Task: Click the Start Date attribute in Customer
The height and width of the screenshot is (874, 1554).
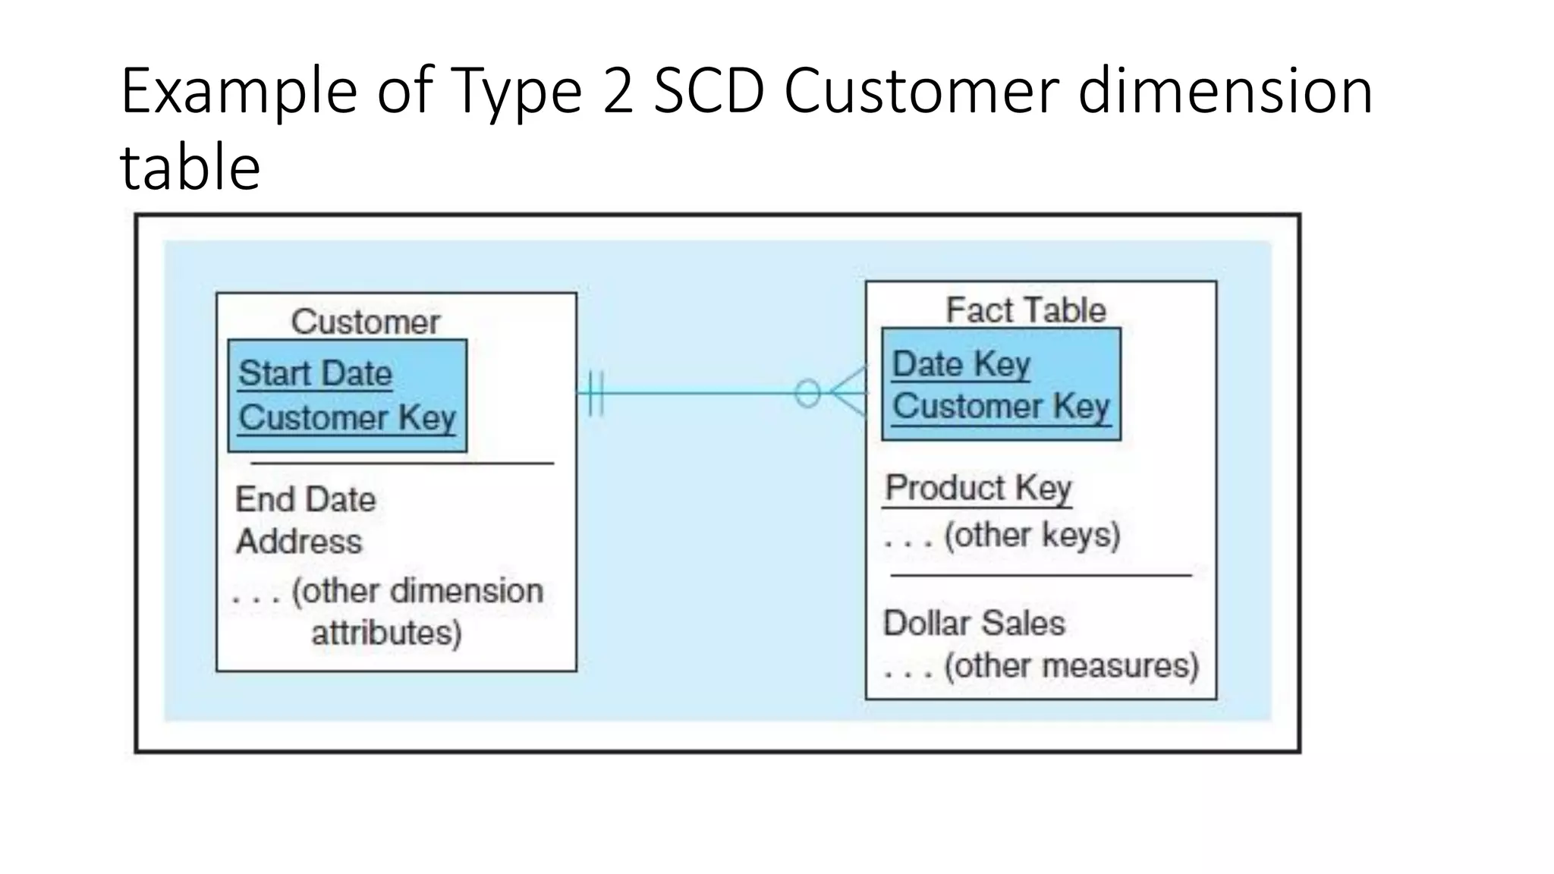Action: (x=315, y=374)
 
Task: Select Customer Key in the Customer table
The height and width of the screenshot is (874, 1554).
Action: (x=347, y=418)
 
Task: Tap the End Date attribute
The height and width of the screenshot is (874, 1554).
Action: (x=305, y=500)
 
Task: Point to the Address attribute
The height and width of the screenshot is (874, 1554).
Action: (x=299, y=542)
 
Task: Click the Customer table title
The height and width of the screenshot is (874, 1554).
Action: (x=365, y=322)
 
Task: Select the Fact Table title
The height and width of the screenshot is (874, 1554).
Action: (x=1026, y=310)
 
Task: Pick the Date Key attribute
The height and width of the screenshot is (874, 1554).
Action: (x=961, y=364)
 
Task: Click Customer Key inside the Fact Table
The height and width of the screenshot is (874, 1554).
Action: (x=1000, y=406)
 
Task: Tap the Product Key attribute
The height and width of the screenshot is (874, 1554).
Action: (x=978, y=488)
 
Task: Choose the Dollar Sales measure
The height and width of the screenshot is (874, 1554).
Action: (x=974, y=624)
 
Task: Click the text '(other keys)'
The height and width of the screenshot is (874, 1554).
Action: (x=1032, y=536)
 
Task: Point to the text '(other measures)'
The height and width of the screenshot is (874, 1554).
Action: (x=1071, y=666)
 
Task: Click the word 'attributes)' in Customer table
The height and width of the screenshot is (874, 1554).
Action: (x=386, y=633)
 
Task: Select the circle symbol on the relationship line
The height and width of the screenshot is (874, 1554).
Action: (x=807, y=393)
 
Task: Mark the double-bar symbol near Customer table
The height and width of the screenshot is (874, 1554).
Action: (x=596, y=393)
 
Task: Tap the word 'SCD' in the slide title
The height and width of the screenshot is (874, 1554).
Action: (x=708, y=91)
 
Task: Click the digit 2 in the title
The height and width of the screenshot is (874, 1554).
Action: (x=618, y=91)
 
